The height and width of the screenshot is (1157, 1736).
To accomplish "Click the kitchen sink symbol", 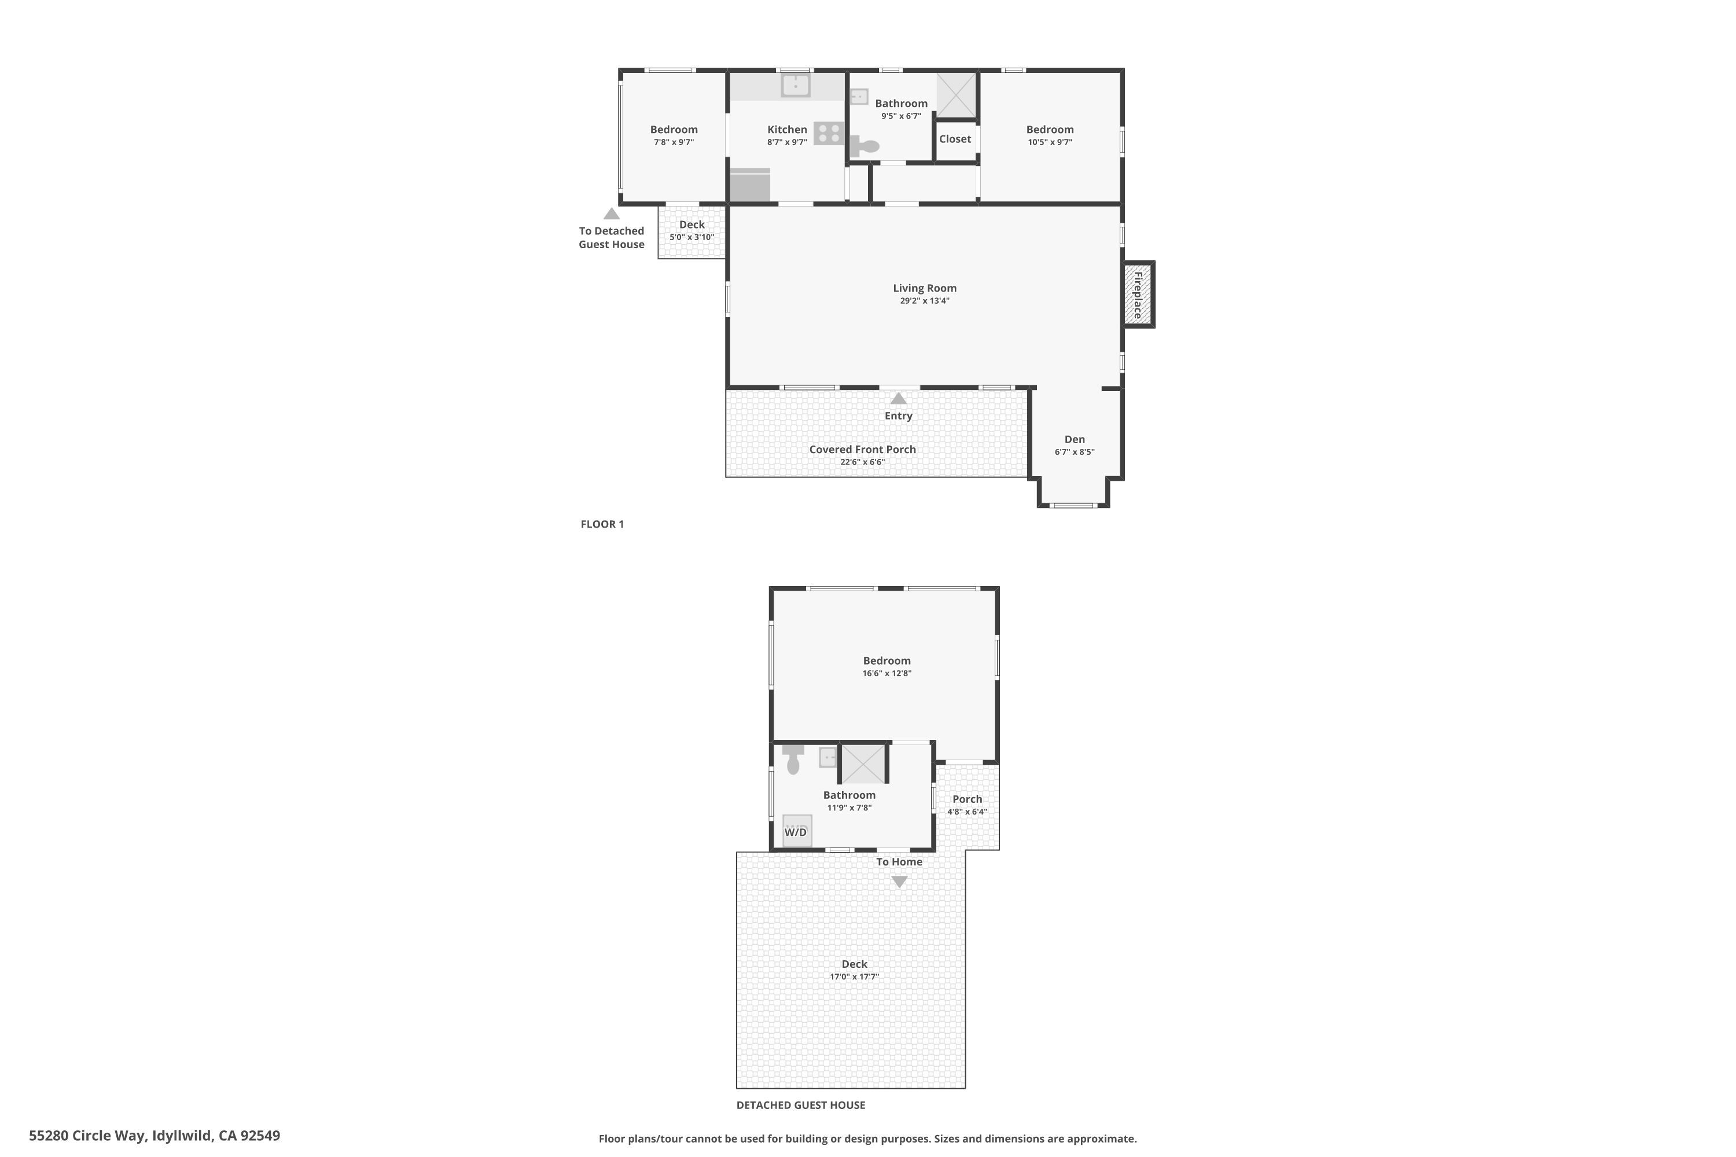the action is coord(796,86).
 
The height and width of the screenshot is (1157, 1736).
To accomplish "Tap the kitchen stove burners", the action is coord(829,134).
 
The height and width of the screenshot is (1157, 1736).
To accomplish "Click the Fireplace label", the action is coord(1138,295).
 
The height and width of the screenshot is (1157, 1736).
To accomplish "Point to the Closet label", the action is coord(955,139).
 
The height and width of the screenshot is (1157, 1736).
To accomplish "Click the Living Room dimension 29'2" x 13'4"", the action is coord(924,301).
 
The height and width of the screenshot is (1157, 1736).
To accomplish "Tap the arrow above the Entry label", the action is coord(898,399).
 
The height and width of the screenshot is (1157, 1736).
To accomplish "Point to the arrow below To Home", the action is coord(899,881).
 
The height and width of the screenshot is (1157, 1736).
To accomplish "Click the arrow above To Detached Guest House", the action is coord(611,214).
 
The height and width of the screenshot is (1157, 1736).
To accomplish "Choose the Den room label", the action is coord(1075,439).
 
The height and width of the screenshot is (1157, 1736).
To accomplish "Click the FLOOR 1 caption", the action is coord(602,524).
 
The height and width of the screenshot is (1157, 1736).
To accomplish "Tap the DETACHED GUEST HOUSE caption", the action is coord(801,1104).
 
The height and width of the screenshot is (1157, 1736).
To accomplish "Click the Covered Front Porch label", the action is coord(862,449).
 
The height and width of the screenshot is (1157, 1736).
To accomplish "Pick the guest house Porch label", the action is coord(967,799).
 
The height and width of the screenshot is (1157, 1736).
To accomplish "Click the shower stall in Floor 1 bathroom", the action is coord(957,94).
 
